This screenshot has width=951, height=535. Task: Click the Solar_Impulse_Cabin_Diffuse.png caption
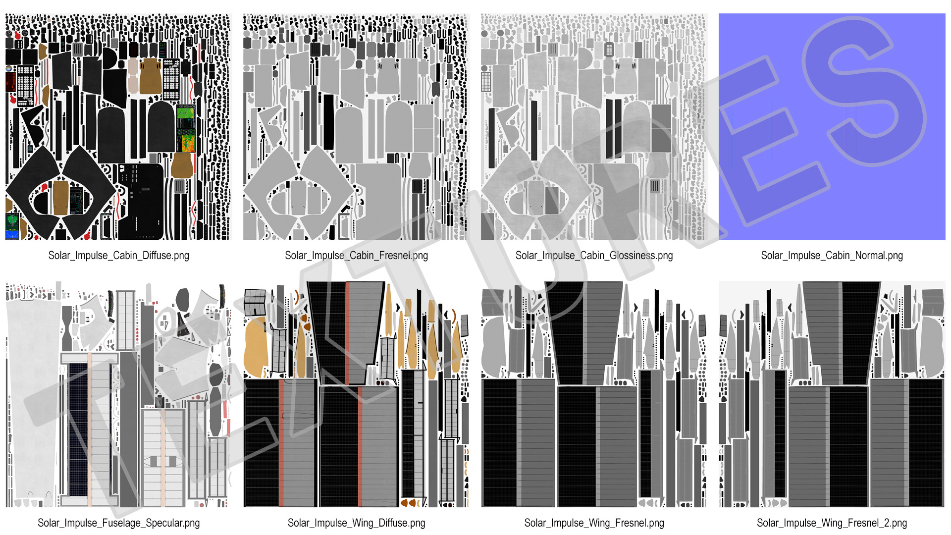click(x=119, y=256)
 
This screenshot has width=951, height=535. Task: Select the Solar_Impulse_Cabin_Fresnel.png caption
click(x=356, y=256)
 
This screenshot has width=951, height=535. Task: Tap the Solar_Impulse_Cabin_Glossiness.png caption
click(x=594, y=256)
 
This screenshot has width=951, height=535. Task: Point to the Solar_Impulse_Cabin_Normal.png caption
click(x=832, y=256)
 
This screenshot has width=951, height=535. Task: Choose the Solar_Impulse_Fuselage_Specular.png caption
click(x=119, y=523)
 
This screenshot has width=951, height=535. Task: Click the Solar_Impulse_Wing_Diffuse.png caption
click(x=356, y=523)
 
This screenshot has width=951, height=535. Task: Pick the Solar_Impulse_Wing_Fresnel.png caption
click(x=594, y=523)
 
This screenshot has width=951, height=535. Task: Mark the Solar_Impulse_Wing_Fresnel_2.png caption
click(x=832, y=523)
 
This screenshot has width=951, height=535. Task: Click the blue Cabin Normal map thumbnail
click(x=832, y=127)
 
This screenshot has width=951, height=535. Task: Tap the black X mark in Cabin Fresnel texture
click(x=272, y=40)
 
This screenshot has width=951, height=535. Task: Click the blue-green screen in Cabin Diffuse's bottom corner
click(x=12, y=226)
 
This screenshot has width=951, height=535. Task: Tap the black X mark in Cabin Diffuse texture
click(x=35, y=40)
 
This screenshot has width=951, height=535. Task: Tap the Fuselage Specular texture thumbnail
click(x=119, y=394)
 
